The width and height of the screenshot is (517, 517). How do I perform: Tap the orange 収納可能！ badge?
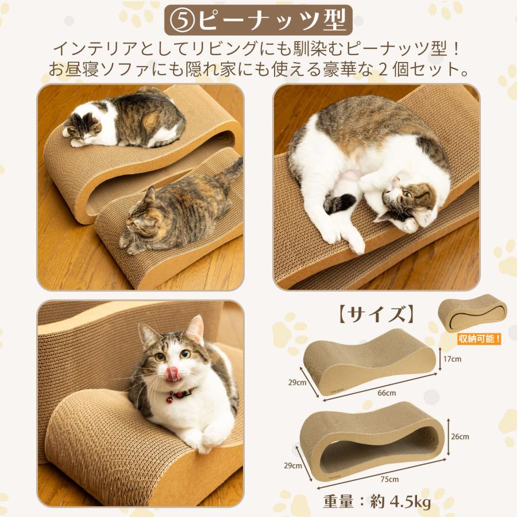pos(479,338)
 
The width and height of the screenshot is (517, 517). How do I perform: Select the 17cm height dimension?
pos(452,359)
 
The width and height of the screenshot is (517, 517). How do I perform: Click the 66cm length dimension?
pos(387,393)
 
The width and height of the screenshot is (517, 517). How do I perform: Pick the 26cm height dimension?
pos(460,436)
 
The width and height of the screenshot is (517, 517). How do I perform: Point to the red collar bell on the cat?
pos(171,399)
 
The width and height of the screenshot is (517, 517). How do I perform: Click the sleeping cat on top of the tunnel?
pos(126,119)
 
